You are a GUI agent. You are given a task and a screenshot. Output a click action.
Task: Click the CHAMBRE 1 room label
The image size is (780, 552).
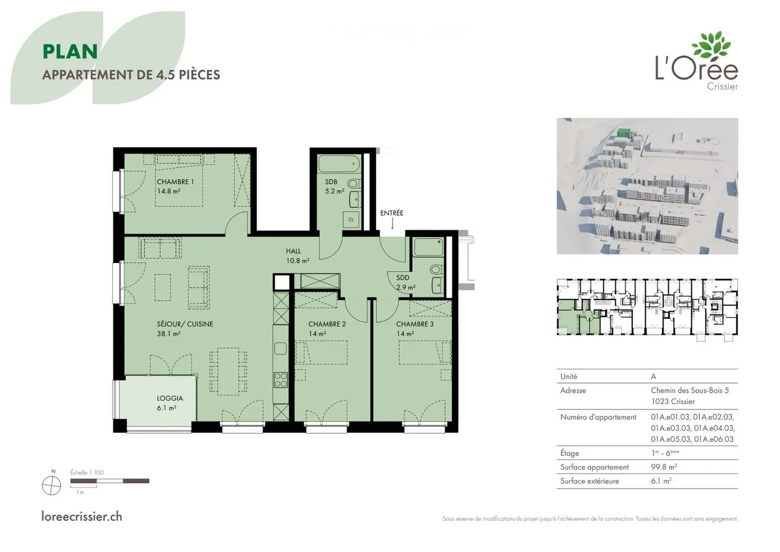(175, 182)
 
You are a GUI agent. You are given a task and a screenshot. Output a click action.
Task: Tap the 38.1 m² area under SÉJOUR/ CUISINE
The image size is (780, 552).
(168, 334)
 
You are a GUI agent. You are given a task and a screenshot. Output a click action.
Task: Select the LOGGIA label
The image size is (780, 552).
(170, 398)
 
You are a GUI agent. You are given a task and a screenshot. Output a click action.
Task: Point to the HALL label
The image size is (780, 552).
(293, 251)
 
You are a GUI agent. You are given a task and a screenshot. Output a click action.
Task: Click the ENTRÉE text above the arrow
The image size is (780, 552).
(392, 213)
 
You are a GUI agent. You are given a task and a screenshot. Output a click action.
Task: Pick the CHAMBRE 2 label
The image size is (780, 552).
(327, 324)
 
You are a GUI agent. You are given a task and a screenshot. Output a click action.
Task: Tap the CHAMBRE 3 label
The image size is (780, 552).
(414, 324)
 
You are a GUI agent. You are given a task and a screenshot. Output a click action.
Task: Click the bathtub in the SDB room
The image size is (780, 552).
(339, 163)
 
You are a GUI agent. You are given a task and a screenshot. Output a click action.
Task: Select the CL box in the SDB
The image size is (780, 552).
(351, 220)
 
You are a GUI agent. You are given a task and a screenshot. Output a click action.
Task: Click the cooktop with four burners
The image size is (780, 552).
(281, 380)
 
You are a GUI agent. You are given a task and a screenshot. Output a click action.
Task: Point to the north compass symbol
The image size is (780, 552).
(52, 485)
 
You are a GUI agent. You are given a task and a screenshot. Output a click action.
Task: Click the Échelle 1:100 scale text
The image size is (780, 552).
(87, 472)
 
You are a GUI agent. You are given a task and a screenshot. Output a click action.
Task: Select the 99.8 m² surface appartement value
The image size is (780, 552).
(664, 467)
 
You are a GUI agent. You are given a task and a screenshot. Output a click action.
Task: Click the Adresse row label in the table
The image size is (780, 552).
(573, 390)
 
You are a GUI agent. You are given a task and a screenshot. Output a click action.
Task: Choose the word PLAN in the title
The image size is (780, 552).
(70, 52)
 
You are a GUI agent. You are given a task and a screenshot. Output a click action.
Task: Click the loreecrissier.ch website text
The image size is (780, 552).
(82, 516)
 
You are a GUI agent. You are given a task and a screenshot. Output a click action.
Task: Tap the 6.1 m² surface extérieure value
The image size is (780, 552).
(661, 481)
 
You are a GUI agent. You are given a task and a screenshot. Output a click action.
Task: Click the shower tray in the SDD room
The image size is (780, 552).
(428, 248)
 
